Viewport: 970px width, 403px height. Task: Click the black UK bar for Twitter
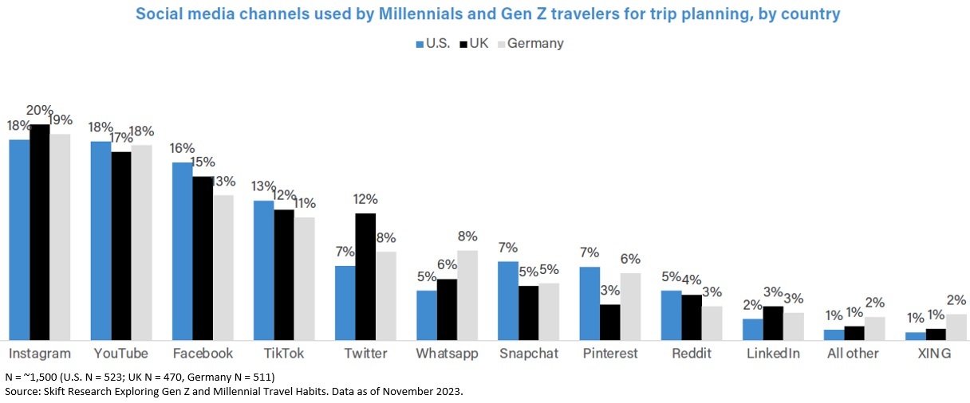(365, 276)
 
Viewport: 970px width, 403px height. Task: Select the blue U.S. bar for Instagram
(19, 240)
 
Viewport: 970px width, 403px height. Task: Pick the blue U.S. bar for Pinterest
(589, 303)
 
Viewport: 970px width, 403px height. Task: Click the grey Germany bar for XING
(956, 327)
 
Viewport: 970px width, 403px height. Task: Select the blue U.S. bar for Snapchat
(508, 300)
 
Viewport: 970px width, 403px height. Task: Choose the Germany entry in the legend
(530, 44)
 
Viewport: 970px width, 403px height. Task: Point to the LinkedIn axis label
(772, 353)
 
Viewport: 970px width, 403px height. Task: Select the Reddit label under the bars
(691, 353)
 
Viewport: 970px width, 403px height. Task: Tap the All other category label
(853, 353)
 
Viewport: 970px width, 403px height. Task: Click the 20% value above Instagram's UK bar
(39, 111)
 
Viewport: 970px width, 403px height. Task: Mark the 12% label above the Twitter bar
(365, 199)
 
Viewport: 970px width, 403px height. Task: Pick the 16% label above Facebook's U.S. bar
(183, 148)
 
